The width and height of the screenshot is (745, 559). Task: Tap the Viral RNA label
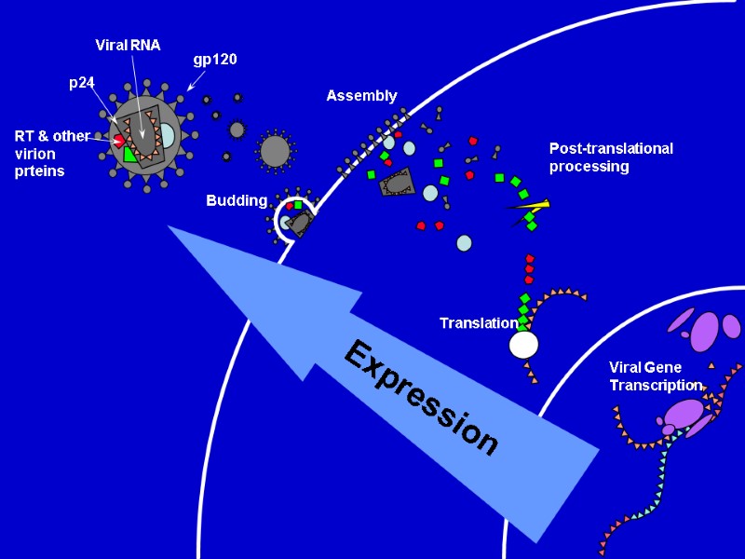coord(129,45)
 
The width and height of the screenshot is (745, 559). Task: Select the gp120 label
coord(215,60)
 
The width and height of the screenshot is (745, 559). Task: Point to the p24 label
coord(82,82)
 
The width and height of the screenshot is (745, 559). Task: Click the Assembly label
coord(361,96)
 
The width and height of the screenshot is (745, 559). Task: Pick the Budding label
coord(237,200)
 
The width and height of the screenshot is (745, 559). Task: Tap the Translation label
coord(478,323)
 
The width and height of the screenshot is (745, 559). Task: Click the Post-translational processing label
coord(611,157)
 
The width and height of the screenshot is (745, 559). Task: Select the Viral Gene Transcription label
coord(655,375)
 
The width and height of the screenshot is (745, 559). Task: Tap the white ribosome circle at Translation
coord(523,345)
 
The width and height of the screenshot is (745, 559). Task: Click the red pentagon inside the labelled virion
coord(119,140)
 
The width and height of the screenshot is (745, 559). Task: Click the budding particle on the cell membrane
coord(296,217)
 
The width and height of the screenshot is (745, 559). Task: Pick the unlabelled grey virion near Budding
coord(275,150)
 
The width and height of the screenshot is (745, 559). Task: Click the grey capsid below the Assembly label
coord(398,184)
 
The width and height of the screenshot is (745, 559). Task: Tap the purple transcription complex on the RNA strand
coord(684,415)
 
